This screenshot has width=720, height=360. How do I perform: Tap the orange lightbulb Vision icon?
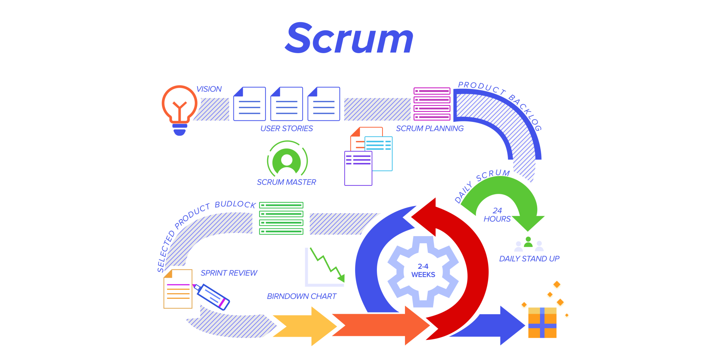(179, 107)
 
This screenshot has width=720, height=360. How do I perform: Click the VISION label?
(209, 89)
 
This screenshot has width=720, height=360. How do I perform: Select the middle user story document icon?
(287, 104)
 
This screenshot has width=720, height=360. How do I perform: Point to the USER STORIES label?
(286, 128)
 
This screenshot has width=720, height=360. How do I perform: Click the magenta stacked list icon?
(432, 104)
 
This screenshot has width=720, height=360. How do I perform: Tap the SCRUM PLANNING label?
(430, 128)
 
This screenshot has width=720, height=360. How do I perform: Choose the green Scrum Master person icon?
(287, 161)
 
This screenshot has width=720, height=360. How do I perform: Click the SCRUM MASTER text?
(286, 182)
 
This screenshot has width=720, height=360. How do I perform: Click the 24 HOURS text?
(497, 215)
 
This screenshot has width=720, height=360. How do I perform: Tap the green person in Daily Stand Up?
(528, 242)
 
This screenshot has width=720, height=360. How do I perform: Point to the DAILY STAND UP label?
(529, 259)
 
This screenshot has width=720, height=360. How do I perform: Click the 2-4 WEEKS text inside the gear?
(423, 271)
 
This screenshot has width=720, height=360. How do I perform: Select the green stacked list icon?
(281, 218)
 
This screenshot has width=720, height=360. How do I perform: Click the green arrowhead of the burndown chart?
(341, 278)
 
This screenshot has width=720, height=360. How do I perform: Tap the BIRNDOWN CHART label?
(302, 296)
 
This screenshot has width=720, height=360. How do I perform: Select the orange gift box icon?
(542, 323)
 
